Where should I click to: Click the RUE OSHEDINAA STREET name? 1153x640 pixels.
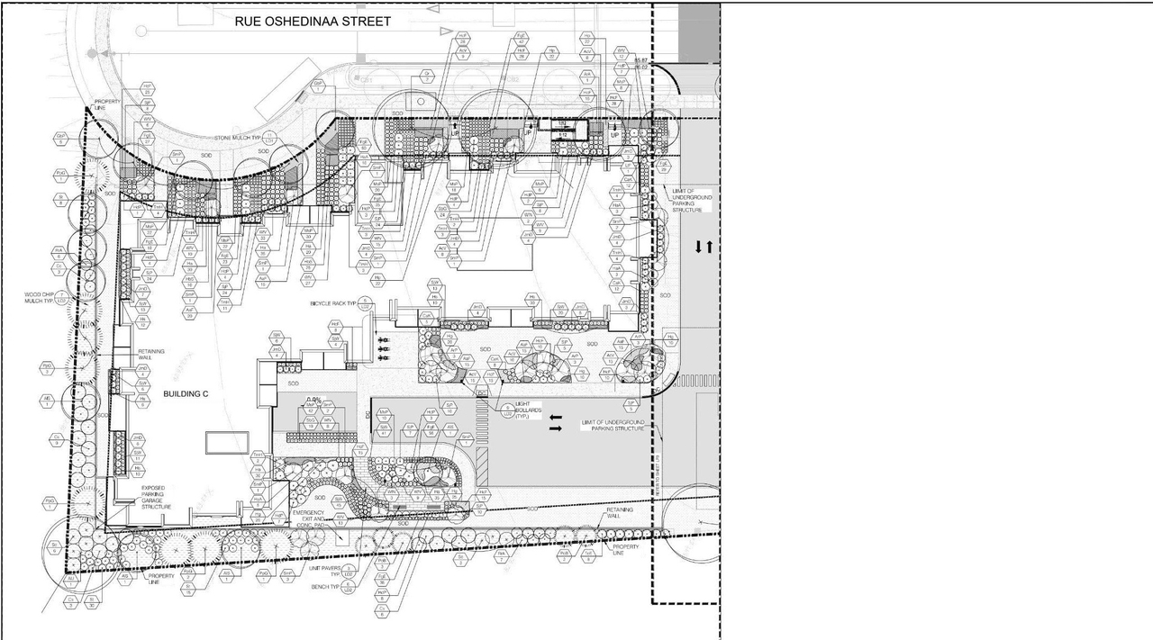point(313,21)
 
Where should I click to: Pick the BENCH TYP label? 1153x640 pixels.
point(323,586)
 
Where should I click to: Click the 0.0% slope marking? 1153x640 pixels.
point(314,400)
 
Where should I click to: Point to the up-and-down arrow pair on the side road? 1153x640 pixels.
point(703,246)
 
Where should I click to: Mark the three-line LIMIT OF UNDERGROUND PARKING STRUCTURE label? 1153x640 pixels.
point(689,200)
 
